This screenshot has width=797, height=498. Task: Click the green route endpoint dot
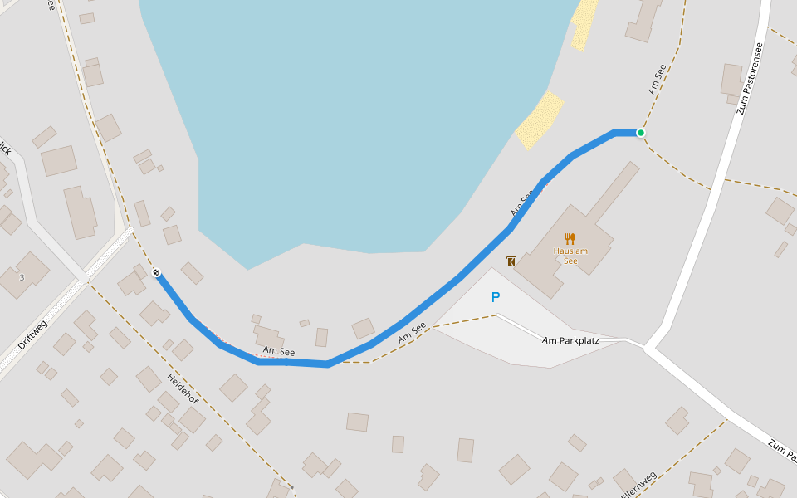point(641,133)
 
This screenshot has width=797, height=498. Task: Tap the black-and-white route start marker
point(156,273)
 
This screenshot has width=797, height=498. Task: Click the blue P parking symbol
point(496,297)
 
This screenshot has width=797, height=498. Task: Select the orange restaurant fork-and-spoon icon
point(570,239)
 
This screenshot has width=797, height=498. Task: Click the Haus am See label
point(570,256)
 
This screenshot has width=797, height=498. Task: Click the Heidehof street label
point(183,388)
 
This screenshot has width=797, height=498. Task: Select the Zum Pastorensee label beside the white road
point(750,78)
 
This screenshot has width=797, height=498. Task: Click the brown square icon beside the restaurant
point(511,261)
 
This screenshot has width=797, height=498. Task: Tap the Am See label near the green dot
point(658,78)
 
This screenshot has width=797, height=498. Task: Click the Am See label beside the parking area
point(412,333)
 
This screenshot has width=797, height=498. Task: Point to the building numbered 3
point(22,276)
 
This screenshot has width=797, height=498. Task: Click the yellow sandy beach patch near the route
point(540,120)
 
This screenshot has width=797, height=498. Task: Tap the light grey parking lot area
point(531,332)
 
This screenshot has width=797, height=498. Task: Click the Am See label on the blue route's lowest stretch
point(279,352)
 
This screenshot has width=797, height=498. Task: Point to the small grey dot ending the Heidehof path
point(291,486)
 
